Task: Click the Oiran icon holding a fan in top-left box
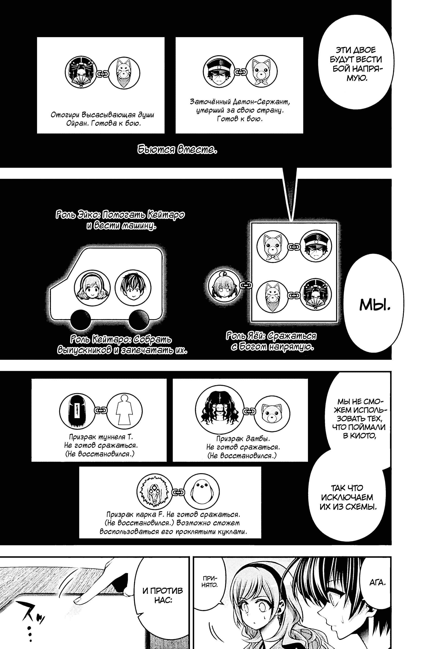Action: (x=81, y=73)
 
